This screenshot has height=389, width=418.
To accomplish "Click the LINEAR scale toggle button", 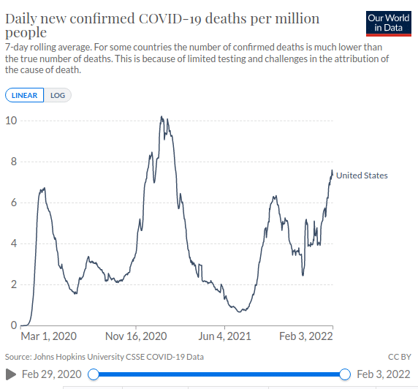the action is tap(25, 95).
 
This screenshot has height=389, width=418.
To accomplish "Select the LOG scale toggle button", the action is tap(58, 95).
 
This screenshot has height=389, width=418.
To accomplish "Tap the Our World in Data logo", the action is tap(389, 23).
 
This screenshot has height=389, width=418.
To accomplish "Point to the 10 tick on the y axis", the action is tap(11, 121).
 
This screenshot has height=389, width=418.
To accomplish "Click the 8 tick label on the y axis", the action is tap(14, 162).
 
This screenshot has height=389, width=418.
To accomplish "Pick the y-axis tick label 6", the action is tap(14, 203).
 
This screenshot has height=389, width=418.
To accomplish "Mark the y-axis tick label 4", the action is tap(14, 243).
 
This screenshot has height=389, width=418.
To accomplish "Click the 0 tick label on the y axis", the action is tap(14, 325).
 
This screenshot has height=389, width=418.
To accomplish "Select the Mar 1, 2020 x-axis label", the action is tap(49, 336).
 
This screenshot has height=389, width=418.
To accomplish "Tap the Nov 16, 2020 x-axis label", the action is tap(136, 336).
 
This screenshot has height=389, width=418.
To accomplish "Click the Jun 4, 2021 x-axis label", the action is tap(224, 336).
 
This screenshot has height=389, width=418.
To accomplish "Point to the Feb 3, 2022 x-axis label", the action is tap(306, 336).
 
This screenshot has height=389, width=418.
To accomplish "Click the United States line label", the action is tap(362, 175).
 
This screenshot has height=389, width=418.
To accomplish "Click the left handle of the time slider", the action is tap(94, 374).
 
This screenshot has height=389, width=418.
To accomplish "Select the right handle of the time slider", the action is tap(345, 374).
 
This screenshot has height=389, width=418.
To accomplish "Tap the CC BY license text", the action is tap(399, 357).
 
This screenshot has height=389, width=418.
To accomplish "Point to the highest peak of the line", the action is tap(161, 116).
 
